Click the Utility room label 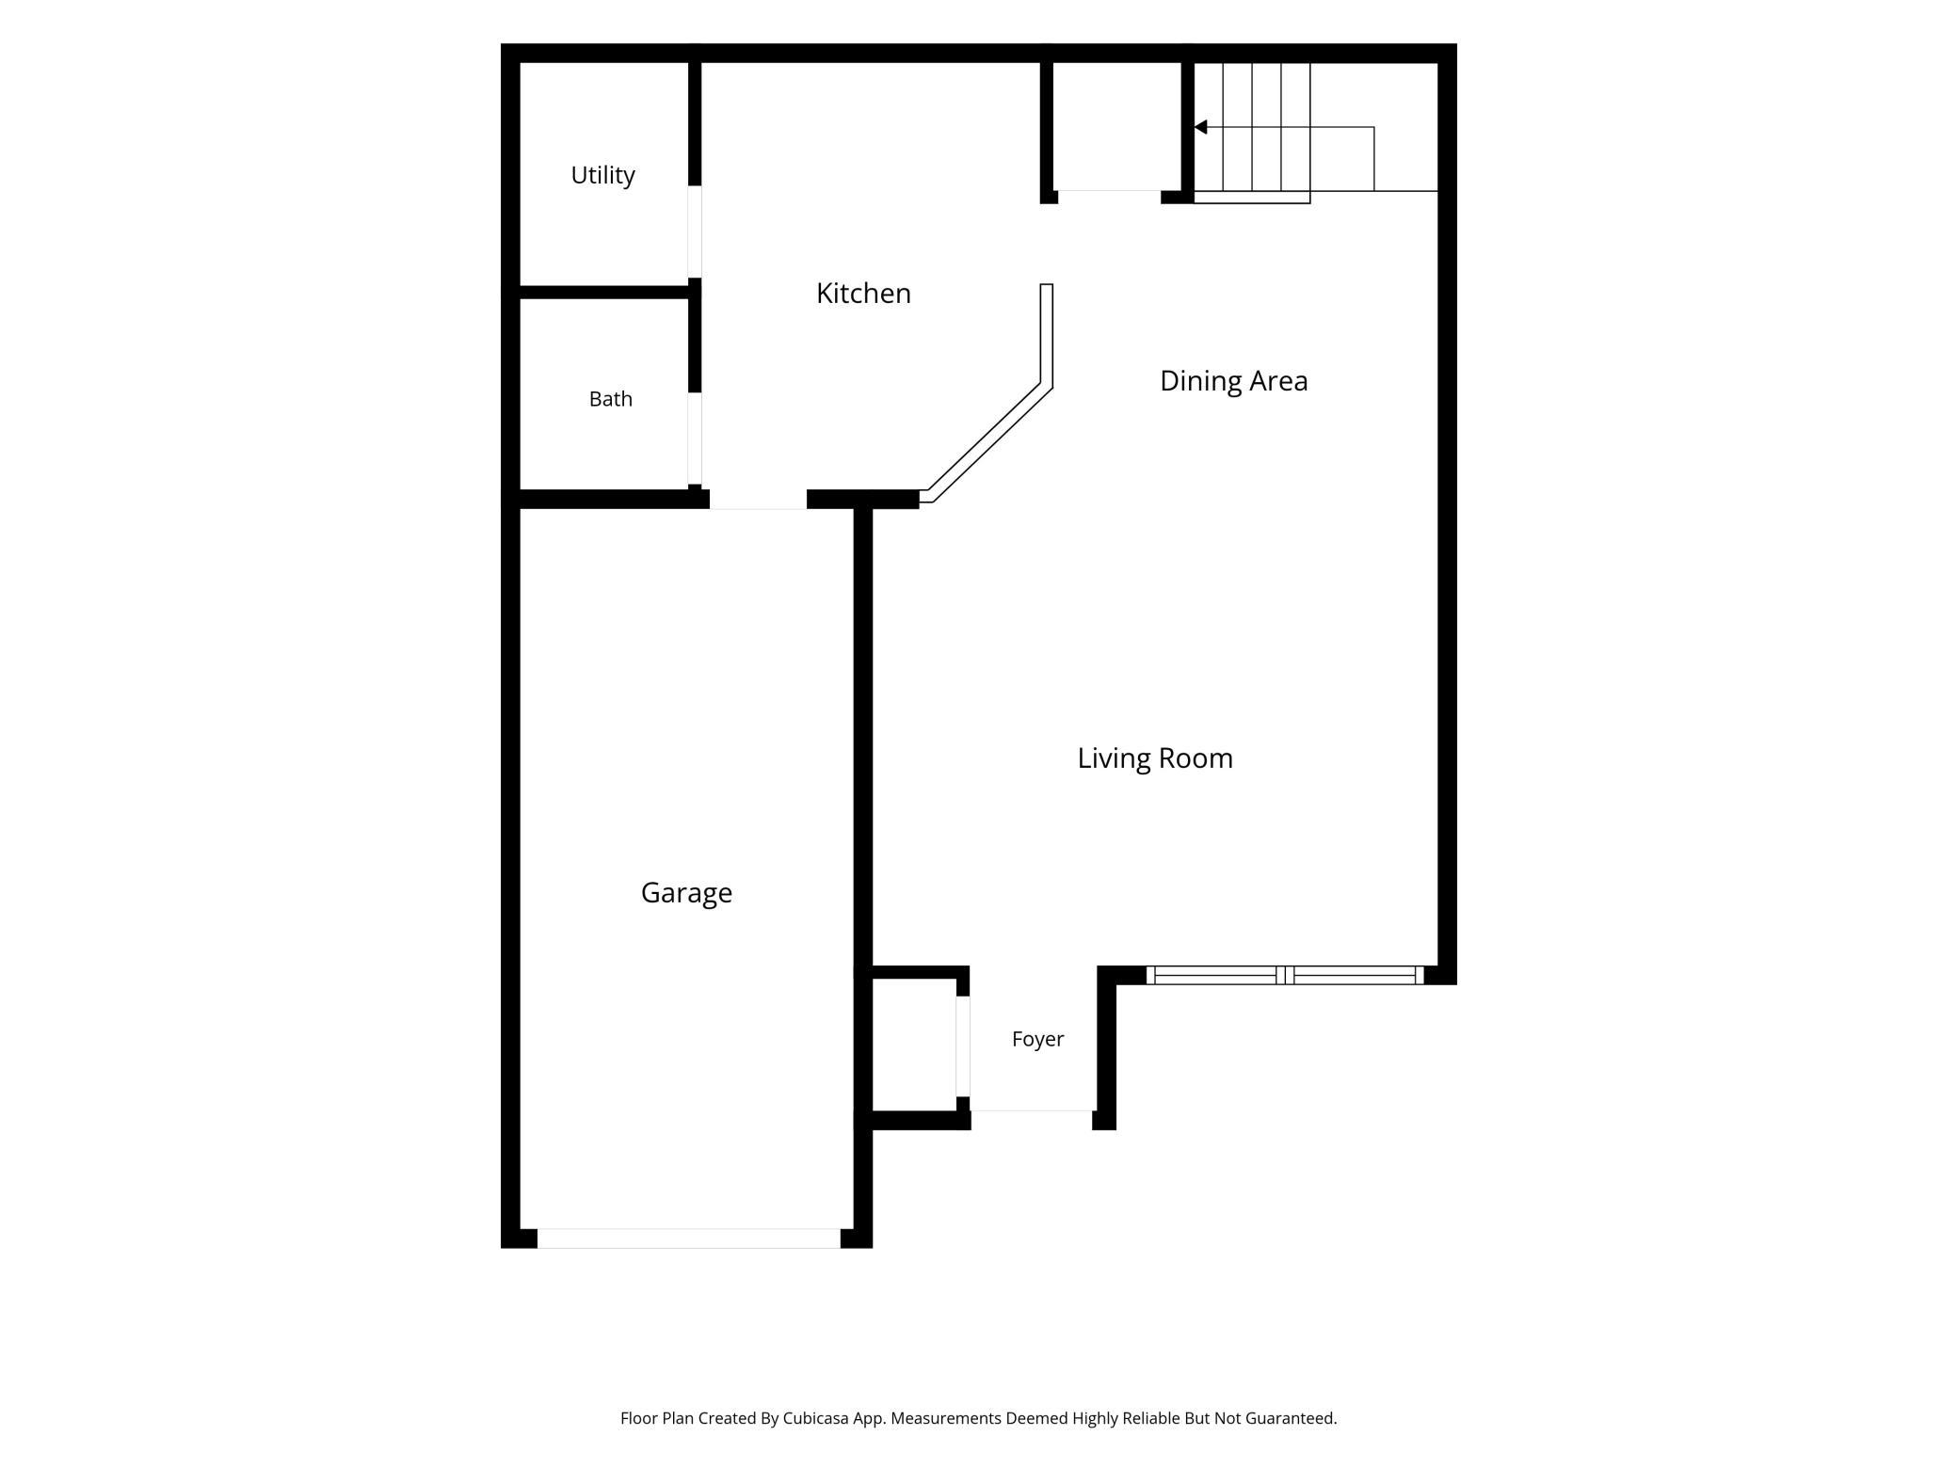[602, 176]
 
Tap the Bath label [610, 399]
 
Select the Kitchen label [863, 294]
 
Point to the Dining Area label [1233, 381]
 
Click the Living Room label [1155, 758]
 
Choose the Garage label [686, 893]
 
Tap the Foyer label [1037, 1039]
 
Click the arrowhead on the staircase [1200, 127]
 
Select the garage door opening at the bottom [688, 1238]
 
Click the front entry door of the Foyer [1032, 1120]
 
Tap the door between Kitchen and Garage [758, 500]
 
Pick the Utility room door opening [695, 231]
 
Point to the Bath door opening [695, 439]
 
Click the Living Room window [1285, 975]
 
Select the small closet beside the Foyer [914, 1045]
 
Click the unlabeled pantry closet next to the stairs [1116, 127]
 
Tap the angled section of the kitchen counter [987, 443]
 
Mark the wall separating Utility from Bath [603, 293]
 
